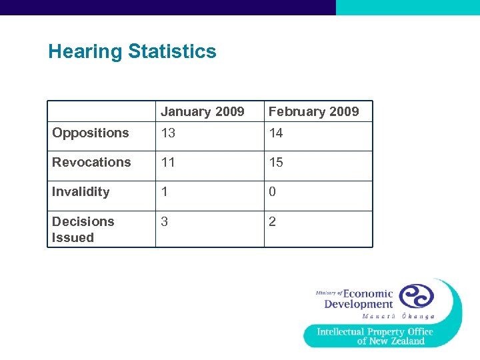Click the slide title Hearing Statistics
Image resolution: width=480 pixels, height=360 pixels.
132,52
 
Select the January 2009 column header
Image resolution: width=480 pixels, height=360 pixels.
202,111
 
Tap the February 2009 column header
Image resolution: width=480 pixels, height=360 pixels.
313,111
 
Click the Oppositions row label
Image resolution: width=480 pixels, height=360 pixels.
91,133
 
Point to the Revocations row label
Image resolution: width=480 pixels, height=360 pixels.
91,162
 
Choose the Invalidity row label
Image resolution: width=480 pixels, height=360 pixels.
81,192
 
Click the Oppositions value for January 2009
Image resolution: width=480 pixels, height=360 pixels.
168,133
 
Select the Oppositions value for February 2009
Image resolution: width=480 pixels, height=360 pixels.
276,133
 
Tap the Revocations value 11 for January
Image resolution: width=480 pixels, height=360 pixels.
168,162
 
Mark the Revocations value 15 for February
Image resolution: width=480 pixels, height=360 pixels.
276,162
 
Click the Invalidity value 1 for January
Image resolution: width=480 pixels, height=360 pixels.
165,192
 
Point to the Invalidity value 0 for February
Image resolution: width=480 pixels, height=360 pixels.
273,192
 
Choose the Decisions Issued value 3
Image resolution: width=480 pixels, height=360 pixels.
165,221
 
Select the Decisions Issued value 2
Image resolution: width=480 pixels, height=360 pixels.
273,221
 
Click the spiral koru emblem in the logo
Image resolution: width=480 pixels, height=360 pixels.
416,296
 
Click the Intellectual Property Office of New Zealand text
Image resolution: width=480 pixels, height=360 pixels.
375,336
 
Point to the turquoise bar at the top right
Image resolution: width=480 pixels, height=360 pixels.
407,7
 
